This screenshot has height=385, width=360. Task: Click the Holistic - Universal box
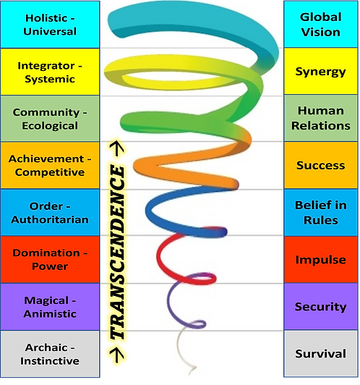pos(50,25)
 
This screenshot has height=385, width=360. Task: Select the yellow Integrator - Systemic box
pos(50,72)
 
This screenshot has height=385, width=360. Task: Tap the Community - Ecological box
pos(50,119)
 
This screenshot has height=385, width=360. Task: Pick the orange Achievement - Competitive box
pos(50,166)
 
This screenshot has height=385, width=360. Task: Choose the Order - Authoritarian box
pos(50,213)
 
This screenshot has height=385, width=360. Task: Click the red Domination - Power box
pos(50,260)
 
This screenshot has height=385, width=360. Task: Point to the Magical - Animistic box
pos(50,307)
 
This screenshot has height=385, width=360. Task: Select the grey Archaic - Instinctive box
pos(50,354)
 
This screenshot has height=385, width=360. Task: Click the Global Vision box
pos(320,25)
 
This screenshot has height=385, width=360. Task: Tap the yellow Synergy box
pos(320,72)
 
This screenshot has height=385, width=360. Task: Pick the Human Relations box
pos(320,119)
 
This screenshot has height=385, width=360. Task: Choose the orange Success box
pos(320,166)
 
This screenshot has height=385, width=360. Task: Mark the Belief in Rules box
pos(320,213)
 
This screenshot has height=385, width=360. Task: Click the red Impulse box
pos(320,260)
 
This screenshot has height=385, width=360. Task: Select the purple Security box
pos(320,307)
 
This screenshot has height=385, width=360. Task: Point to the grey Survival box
pos(320,354)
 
